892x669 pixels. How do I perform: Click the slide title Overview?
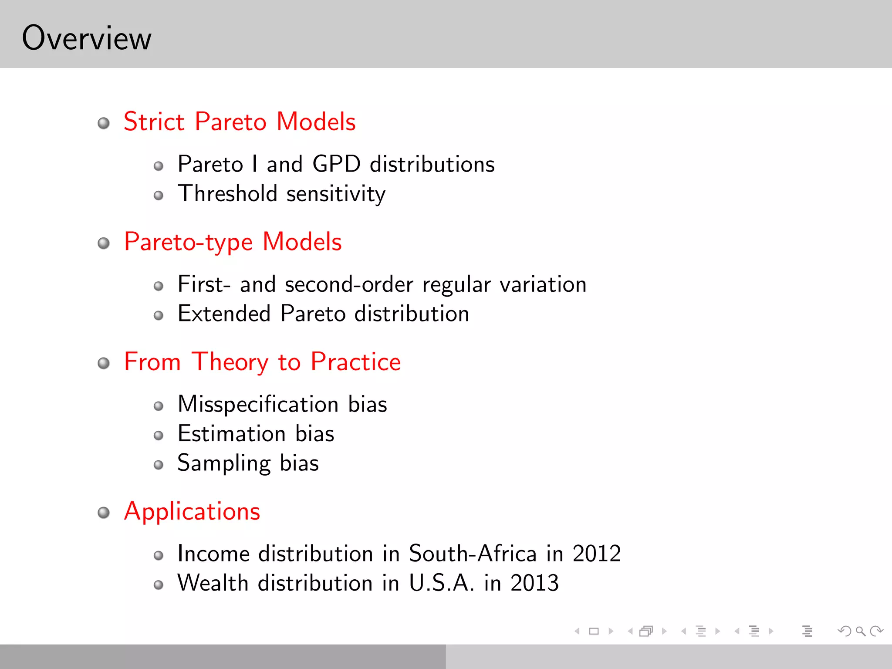coord(87,38)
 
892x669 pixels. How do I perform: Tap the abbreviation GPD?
coord(336,164)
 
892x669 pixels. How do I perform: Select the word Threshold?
coord(227,193)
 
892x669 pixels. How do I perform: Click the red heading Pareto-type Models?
coord(233,242)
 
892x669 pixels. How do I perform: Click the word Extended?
coord(224,314)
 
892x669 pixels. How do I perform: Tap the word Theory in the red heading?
coord(230,362)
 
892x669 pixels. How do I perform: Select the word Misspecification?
coord(258,404)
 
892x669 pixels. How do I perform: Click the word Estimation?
coord(232,434)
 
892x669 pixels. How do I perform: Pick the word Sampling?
coord(224,463)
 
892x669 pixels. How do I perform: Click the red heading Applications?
coord(192,511)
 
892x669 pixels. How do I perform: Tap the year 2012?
coord(596,554)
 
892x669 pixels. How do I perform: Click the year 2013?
coord(534,583)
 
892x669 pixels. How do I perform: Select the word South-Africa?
coord(473,554)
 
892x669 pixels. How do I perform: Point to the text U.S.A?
coord(441,583)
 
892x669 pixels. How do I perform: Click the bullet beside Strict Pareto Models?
coord(104,123)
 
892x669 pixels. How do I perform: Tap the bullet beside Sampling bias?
coord(159,465)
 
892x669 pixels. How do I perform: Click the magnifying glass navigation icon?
coord(860,631)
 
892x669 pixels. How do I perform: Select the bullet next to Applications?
coord(104,513)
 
